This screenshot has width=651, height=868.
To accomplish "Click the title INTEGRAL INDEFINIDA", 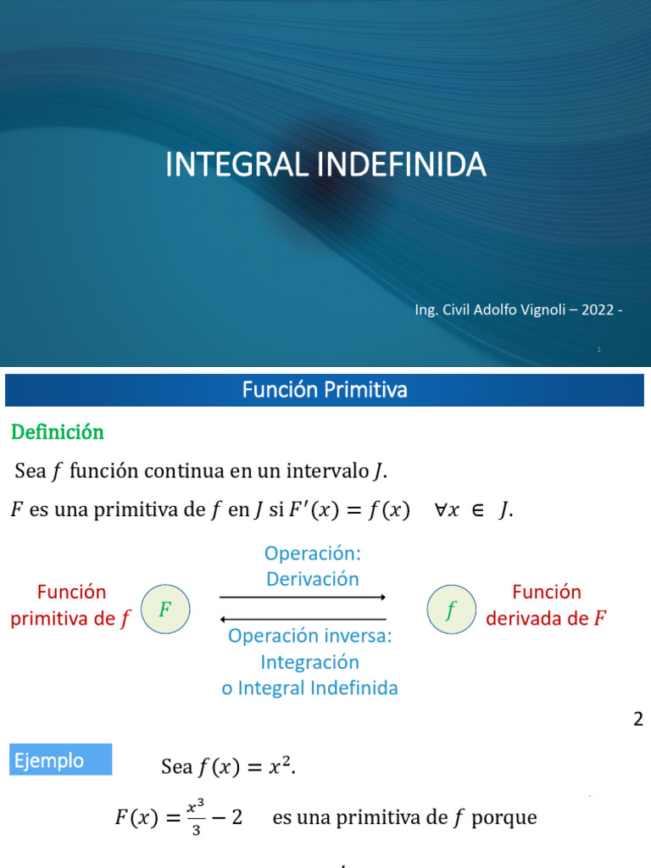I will click(x=325, y=164).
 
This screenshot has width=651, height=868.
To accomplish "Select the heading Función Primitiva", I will click(x=325, y=390).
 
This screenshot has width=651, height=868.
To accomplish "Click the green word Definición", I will click(x=57, y=432).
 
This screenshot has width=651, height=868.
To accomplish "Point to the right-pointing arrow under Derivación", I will click(x=303, y=598).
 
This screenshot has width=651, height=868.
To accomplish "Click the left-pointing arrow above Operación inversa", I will click(x=303, y=620).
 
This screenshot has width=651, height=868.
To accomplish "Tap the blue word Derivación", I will click(x=312, y=579).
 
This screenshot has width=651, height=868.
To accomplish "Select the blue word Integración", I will click(x=309, y=662).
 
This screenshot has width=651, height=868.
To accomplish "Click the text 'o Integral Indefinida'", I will click(x=309, y=687).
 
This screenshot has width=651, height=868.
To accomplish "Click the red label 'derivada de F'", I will click(x=547, y=619).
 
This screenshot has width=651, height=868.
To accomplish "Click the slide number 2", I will click(x=637, y=720).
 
